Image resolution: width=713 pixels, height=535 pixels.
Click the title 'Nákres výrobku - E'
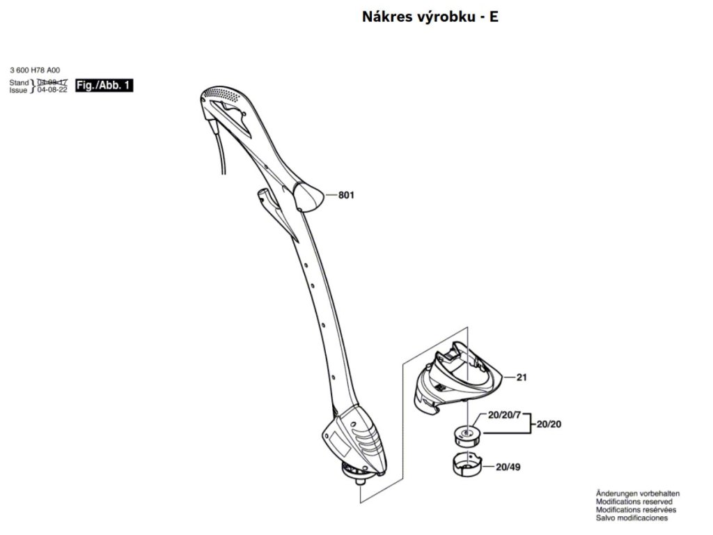[x=430, y=17]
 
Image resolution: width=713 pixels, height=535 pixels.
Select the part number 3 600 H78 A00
[x=36, y=70]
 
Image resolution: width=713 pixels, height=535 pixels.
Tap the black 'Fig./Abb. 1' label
[x=104, y=86]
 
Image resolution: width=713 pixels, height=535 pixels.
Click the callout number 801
[x=346, y=196]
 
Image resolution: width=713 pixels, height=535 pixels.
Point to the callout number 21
[x=522, y=378]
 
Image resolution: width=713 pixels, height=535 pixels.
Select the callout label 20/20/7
[x=505, y=416]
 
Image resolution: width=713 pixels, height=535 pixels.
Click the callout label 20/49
[x=509, y=467]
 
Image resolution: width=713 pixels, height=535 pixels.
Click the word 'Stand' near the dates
[x=19, y=82]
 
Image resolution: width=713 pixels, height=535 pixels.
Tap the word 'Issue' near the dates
[x=19, y=91]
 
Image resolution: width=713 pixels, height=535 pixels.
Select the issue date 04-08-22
[x=52, y=91]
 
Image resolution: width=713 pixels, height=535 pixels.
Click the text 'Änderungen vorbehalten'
[x=638, y=493]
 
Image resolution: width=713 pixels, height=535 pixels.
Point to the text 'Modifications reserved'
[x=634, y=502]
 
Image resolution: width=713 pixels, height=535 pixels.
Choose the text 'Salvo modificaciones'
[x=632, y=518]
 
